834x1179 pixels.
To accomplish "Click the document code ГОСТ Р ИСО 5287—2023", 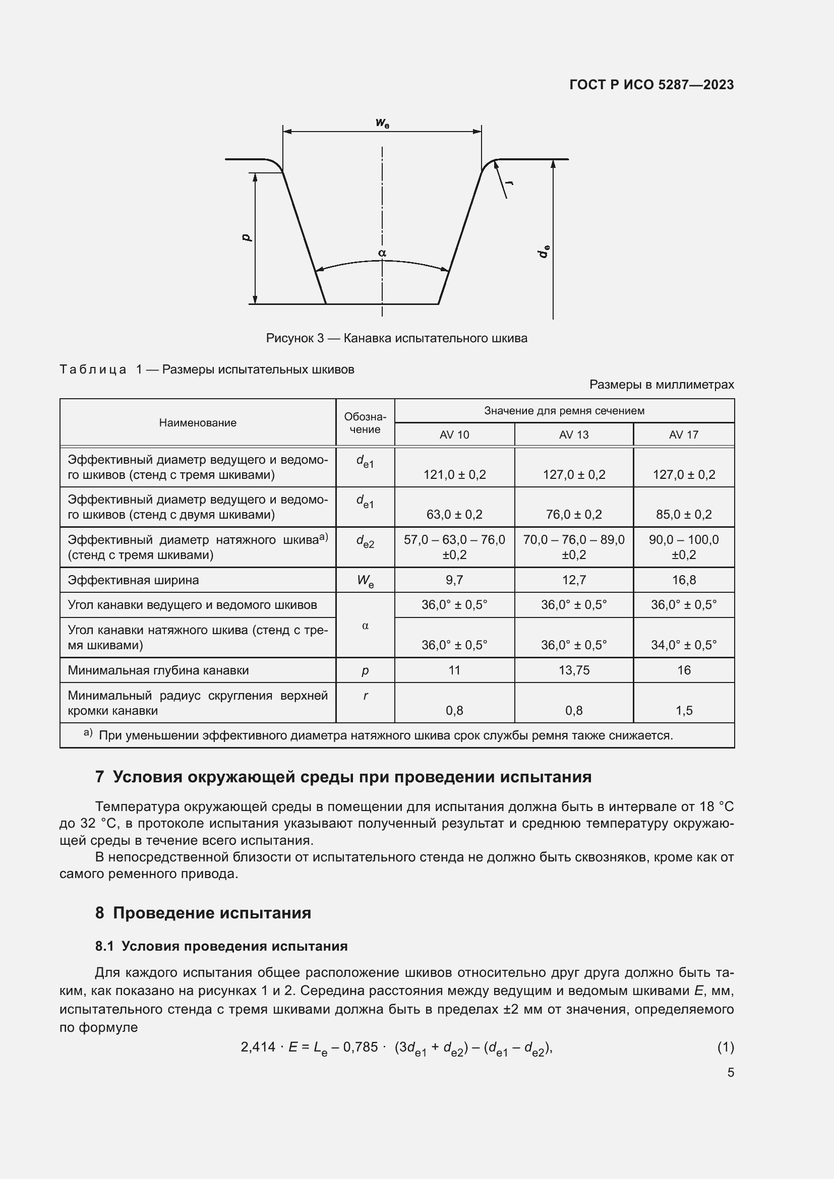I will click(651, 85).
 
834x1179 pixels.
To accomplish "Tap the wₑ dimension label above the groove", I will click(382, 122).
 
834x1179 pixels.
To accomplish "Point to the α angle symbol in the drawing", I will click(382, 253).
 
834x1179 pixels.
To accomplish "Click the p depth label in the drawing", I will click(247, 237).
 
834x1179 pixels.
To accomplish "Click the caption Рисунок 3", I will click(396, 338).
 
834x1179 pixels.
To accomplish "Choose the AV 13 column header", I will click(574, 435).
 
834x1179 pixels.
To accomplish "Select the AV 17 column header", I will click(684, 435).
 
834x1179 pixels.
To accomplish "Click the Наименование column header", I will click(198, 422).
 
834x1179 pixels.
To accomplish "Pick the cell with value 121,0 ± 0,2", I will click(454, 474).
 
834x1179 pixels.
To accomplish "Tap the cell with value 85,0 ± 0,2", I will click(684, 515).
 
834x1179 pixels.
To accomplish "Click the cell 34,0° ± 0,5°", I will click(684, 645).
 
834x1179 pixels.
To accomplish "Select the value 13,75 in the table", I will click(574, 670).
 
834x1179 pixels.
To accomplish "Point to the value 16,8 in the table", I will click(684, 580).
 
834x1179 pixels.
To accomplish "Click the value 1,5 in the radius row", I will click(684, 711).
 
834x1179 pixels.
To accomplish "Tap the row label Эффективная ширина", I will click(133, 580).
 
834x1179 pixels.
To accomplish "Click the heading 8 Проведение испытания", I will click(203, 913).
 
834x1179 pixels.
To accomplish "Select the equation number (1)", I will click(725, 1046).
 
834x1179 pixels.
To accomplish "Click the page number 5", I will click(730, 1073).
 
